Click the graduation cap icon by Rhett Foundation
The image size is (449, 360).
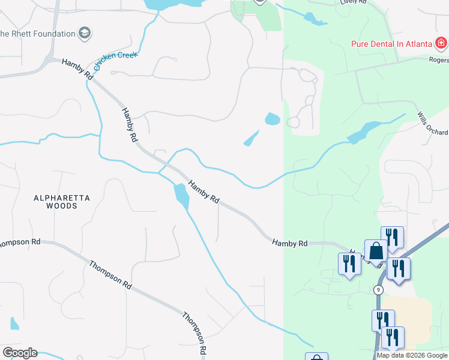[85, 33]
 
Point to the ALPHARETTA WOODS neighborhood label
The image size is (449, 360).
[62, 202]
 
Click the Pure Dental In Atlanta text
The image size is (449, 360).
[392, 44]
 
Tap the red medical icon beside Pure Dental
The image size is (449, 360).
[441, 43]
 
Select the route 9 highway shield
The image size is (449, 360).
[378, 290]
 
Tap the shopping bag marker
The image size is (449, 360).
[376, 251]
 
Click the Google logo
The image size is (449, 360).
[20, 353]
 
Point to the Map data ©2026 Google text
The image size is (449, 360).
[412, 355]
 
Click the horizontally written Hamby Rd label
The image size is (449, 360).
[289, 243]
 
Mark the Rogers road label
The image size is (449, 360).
[439, 59]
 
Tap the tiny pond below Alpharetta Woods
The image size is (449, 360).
[14, 323]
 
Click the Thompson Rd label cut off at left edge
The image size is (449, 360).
[20, 242]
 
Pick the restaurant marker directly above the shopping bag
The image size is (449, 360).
[391, 237]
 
